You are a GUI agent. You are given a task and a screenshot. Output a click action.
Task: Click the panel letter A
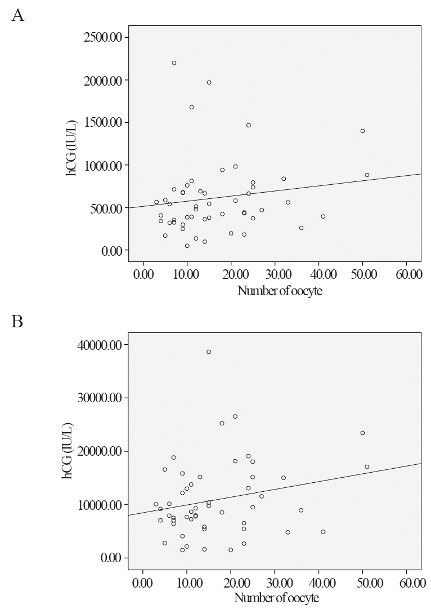pos(17,15)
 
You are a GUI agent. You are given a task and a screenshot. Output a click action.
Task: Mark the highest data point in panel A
pos(174,63)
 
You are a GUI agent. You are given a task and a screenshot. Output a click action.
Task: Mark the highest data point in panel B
pos(209,352)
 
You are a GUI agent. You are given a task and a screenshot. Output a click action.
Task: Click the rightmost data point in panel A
pos(367,175)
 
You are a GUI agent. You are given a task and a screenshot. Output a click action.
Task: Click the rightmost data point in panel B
pos(367,466)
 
